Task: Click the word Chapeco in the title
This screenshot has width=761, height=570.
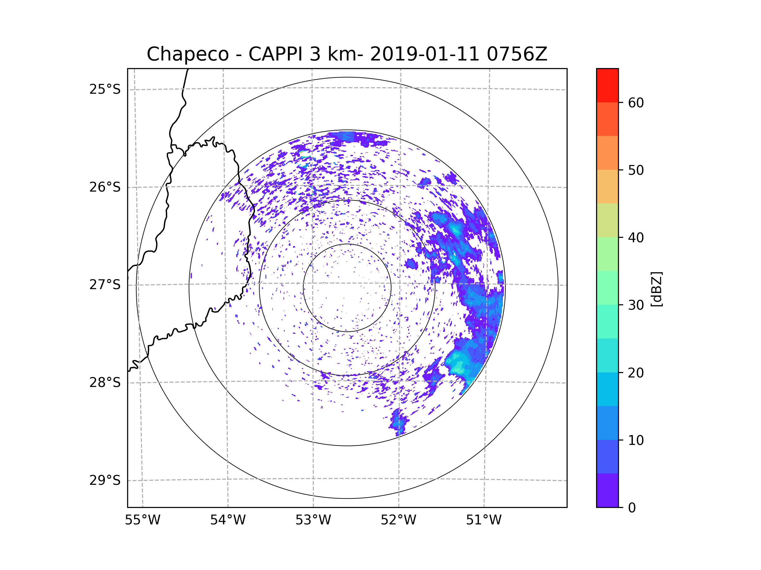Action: (188, 54)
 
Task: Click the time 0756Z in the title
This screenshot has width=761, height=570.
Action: (517, 54)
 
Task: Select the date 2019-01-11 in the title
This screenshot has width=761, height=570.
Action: (425, 54)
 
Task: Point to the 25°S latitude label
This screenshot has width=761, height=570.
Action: (105, 89)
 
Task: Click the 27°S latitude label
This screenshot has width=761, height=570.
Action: (105, 285)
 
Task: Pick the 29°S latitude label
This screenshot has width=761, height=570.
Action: (105, 480)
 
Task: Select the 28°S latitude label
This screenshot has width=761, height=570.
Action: (105, 383)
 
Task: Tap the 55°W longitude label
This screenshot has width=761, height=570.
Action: (142, 520)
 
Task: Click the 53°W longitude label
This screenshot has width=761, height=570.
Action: (313, 520)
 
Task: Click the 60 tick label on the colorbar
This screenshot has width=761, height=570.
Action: (636, 103)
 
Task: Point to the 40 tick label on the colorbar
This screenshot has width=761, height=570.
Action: (636, 238)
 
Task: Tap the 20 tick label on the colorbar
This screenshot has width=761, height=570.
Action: (636, 373)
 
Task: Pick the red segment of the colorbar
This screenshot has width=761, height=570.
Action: (607, 85)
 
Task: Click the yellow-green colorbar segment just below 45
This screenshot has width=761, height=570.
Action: (607, 220)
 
